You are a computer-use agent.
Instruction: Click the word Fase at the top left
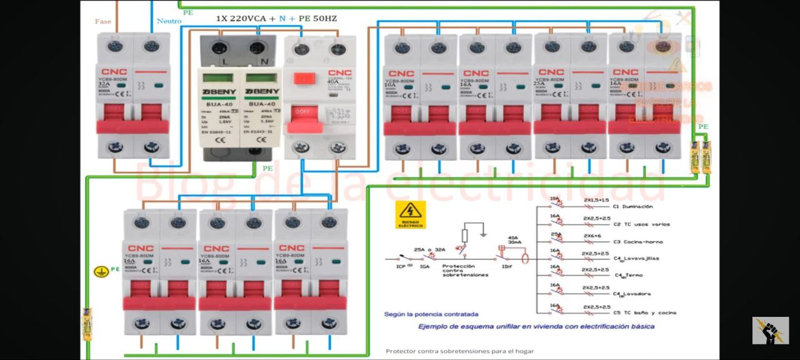pos(103,21)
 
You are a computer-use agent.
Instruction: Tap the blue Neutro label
pos(169,21)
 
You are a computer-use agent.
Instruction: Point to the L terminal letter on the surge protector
pos(226,61)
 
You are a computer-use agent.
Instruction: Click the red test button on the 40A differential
pos(304,79)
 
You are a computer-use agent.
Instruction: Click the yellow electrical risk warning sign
pos(410,214)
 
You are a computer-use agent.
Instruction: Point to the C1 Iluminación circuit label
pos(632,206)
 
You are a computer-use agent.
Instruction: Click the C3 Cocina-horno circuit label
pos(637,241)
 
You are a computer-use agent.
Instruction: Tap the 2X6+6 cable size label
pos(592,236)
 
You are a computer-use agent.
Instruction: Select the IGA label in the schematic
pos(424,267)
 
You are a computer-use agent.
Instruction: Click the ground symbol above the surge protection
pos(483,234)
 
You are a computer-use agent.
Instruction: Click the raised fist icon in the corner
pos(770,331)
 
